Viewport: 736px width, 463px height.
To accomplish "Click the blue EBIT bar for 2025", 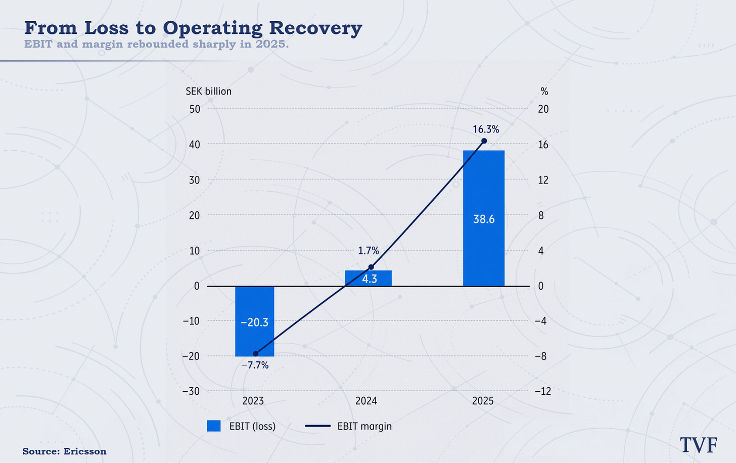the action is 484,218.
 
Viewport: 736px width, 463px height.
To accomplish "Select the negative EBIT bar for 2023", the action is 255,321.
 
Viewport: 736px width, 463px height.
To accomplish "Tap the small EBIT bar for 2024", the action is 369,279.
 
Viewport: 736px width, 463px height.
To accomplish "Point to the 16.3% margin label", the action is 486,129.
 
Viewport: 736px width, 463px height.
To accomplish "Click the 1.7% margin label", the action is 369,251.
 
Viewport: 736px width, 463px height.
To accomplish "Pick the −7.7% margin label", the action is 255,365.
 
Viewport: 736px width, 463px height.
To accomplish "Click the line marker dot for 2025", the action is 484,141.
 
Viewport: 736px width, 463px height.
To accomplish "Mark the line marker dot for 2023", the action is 256,354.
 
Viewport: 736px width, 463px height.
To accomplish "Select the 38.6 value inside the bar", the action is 484,219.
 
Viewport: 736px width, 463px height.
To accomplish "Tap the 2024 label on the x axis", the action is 366,401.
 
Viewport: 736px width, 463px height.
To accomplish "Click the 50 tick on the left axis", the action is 195,109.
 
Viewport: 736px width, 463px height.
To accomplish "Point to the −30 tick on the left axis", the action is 191,391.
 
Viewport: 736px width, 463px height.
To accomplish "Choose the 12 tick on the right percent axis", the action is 543,180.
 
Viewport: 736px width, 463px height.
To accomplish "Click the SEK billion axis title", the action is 209,91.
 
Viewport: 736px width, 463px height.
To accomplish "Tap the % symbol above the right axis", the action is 544,91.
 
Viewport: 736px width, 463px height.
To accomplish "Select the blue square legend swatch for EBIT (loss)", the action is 213,426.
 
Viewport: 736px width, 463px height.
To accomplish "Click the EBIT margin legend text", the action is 364,426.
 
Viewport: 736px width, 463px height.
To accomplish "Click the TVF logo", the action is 699,445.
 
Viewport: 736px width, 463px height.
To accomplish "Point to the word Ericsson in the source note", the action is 85,451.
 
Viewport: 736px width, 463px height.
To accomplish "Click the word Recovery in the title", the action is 315,28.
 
